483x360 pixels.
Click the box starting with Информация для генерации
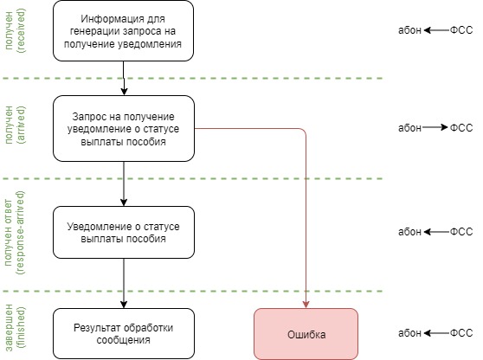pos(125,31)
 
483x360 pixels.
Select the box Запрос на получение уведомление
pos(125,129)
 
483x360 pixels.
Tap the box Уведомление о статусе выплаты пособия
pos(125,232)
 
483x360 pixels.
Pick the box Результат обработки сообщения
pos(125,333)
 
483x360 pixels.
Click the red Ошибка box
pos(306,333)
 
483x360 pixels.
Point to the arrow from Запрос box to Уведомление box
pos(125,183)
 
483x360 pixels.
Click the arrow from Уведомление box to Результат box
pos(125,283)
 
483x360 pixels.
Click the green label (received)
pos(23,31)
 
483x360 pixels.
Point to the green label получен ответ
pos(9,232)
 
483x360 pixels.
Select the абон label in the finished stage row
pos(409,333)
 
